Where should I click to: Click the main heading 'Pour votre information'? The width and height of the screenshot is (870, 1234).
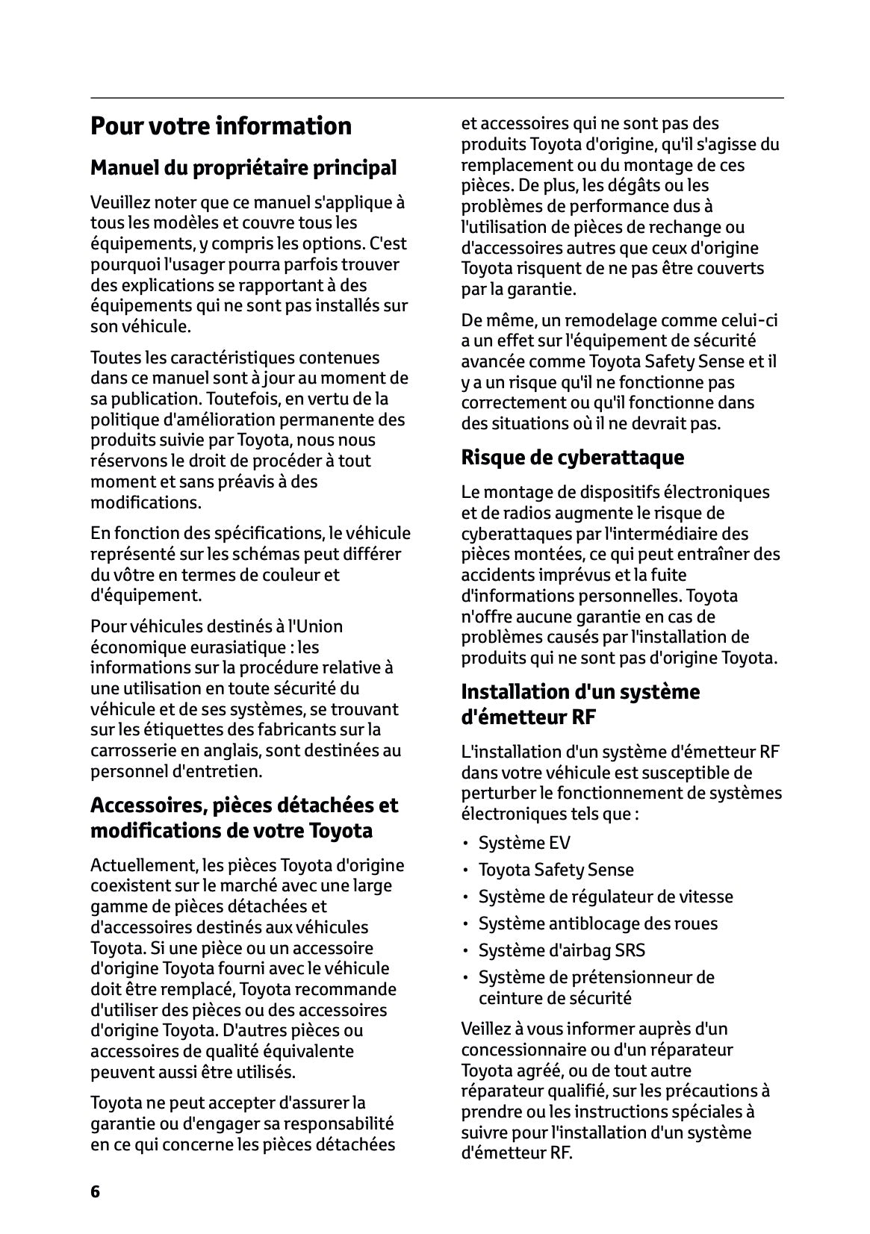click(x=221, y=125)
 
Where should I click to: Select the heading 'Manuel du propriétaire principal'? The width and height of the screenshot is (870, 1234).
click(x=243, y=167)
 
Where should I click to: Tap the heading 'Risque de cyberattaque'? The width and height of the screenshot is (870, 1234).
click(x=572, y=457)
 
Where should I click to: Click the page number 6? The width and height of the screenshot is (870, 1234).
click(x=95, y=1191)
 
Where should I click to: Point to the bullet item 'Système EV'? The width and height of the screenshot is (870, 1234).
click(x=524, y=843)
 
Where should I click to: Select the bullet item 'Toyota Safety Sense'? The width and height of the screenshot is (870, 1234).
click(x=556, y=870)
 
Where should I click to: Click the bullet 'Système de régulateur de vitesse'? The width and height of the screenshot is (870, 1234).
click(x=606, y=897)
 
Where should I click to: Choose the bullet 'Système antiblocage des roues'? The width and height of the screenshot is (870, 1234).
click(x=597, y=923)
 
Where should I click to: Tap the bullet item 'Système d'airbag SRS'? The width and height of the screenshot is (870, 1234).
click(x=562, y=950)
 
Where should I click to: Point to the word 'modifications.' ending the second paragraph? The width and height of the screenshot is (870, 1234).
click(x=146, y=502)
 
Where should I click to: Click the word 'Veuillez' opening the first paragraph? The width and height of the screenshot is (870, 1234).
click(x=120, y=202)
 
